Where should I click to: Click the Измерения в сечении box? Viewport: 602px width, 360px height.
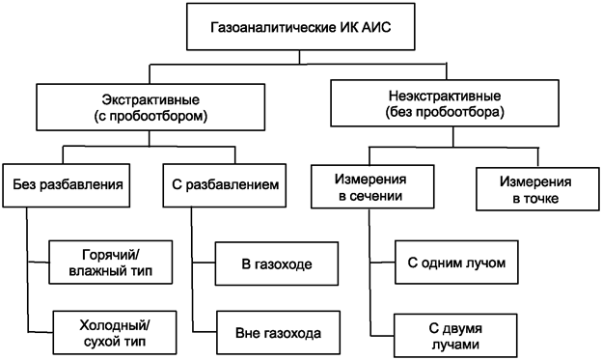(370, 188)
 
